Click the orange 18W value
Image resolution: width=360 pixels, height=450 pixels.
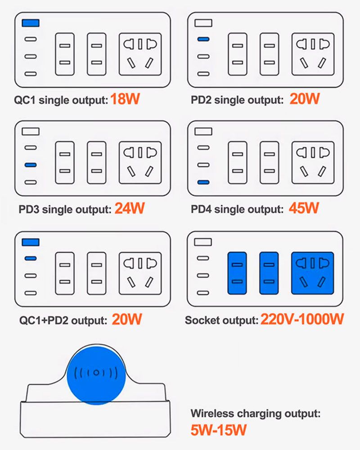tap(125, 99)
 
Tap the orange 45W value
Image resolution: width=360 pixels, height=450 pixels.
tap(304, 208)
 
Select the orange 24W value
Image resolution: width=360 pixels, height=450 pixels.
tap(130, 208)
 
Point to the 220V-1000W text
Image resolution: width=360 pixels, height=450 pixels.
tap(302, 319)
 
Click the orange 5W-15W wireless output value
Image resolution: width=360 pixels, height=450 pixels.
tap(218, 430)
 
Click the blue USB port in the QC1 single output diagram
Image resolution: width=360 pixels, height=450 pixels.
tap(31, 23)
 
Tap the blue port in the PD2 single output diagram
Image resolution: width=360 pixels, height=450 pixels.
tap(203, 39)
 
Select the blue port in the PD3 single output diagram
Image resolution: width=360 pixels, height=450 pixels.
tap(31, 165)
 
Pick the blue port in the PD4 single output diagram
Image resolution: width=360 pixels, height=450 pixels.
tap(203, 182)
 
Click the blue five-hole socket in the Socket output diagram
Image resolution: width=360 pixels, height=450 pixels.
tap(313, 273)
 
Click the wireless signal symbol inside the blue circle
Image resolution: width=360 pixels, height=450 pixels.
tap(96, 373)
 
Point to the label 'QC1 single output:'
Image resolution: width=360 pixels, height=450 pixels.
tap(61, 100)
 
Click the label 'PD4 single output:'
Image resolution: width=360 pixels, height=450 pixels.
tap(237, 209)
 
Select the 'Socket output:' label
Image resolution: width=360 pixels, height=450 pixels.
tap(222, 320)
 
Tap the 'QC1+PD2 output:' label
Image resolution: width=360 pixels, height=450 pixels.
tap(63, 320)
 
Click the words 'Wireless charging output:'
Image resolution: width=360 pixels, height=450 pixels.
tap(256, 414)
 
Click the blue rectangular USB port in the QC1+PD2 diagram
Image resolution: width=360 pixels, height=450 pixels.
tap(31, 242)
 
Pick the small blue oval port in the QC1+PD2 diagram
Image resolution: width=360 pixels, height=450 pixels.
tap(31, 258)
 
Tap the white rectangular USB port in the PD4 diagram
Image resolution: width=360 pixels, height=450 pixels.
tap(203, 131)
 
